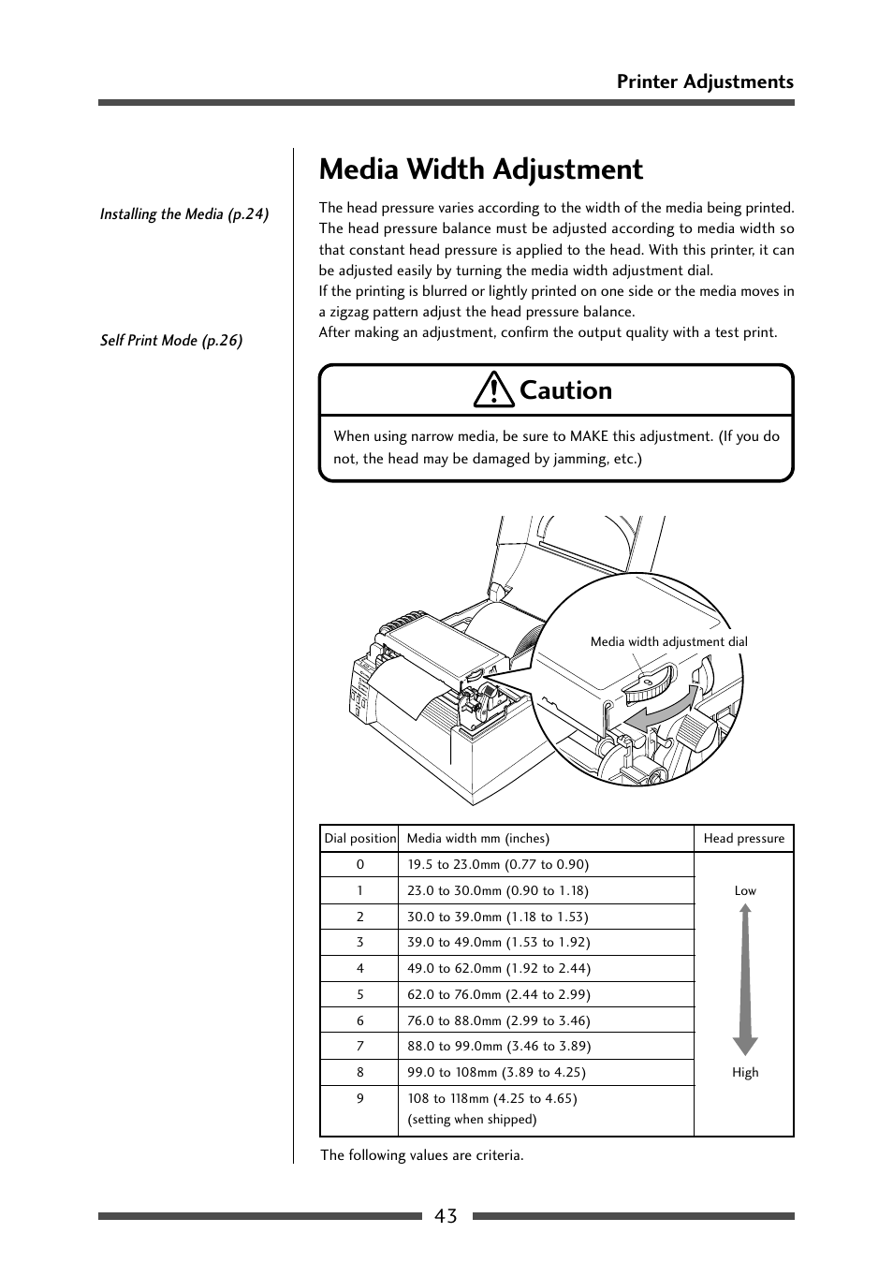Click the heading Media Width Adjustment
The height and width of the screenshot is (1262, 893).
481,169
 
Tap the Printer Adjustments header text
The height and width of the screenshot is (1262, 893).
704,81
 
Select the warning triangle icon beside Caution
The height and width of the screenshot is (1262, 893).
493,389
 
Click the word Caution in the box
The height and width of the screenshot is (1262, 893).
565,390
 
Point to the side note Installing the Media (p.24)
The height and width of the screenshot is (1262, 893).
184,214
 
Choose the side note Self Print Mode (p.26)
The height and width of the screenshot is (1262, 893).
171,341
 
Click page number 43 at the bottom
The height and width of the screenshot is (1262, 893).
446,1216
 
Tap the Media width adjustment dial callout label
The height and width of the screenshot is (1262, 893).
668,642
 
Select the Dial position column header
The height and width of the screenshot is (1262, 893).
359,839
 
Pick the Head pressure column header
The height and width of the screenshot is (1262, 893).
744,839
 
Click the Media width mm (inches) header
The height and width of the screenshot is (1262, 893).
477,839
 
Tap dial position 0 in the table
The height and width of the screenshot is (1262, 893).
359,865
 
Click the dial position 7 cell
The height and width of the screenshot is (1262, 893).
359,1047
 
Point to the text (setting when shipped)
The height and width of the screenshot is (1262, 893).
472,1120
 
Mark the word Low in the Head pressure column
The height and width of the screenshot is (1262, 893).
745,891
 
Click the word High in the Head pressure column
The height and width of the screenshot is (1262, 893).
745,1073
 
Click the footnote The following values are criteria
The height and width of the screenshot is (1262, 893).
422,1155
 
